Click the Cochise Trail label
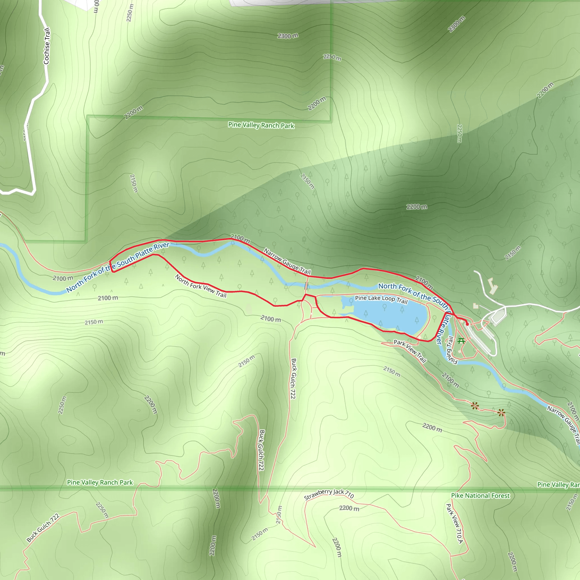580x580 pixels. (x=46, y=46)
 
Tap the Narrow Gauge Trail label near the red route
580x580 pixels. (x=287, y=261)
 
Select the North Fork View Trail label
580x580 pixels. (x=201, y=286)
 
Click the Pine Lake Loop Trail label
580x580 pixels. (x=381, y=299)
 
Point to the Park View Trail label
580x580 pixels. (x=410, y=351)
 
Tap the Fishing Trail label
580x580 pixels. (x=451, y=350)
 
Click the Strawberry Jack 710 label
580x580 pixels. (x=329, y=494)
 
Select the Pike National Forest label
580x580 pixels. (x=480, y=496)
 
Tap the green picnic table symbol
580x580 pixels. (x=461, y=341)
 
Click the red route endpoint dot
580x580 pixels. (x=467, y=324)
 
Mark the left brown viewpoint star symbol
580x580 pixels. (x=475, y=406)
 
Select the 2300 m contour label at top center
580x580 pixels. (x=288, y=36)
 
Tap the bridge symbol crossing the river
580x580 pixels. (x=306, y=285)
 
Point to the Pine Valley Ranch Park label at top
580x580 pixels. (x=261, y=125)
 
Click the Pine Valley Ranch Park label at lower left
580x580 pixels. (x=100, y=482)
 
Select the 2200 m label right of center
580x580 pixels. (x=417, y=206)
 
